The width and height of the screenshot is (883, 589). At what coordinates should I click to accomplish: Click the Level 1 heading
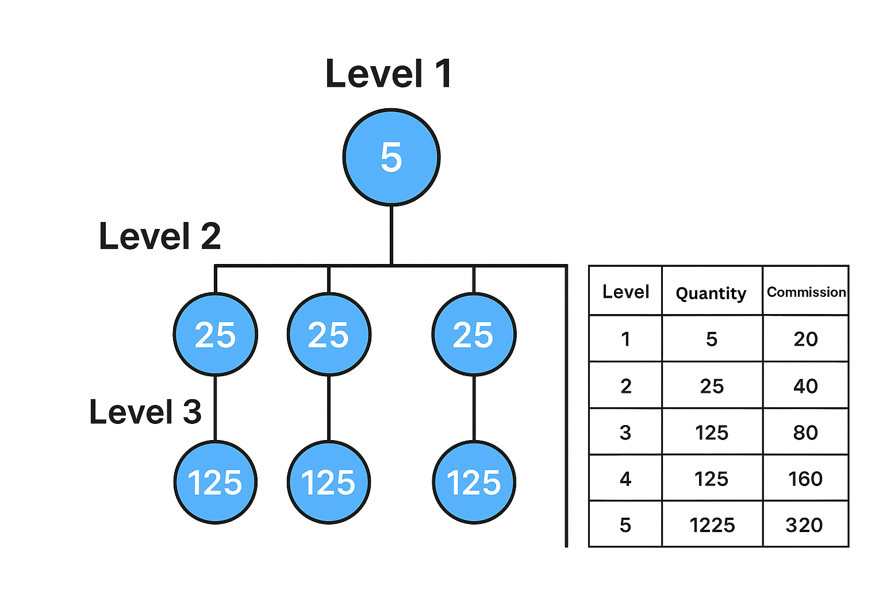pos(389,74)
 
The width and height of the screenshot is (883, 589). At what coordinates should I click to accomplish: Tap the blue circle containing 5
pos(391,157)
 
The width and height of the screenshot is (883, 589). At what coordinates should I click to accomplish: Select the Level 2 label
pos(160,236)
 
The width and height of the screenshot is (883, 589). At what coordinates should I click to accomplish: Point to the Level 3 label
pos(145,412)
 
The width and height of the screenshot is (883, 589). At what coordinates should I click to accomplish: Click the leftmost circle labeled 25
pos(216,334)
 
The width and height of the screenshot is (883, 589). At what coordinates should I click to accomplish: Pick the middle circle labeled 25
pos(329,334)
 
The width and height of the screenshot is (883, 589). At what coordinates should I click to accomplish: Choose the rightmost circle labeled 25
pos(474,334)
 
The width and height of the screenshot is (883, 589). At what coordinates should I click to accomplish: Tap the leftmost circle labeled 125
pos(216,482)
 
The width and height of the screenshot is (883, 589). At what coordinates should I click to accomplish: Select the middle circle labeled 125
pos(329,482)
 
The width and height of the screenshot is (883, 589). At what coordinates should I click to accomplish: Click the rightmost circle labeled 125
pos(474,482)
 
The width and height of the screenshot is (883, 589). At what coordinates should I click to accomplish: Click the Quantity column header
pos(711,293)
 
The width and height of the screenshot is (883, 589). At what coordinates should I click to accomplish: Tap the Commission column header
pos(806,292)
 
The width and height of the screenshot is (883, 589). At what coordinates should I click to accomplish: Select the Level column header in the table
pos(625,292)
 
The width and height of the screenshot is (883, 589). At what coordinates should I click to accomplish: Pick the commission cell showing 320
pos(804,525)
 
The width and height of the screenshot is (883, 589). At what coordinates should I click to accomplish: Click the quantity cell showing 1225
pos(712,525)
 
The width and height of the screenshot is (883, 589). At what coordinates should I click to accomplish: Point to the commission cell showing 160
pos(805,479)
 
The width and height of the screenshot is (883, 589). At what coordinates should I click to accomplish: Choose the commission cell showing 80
pos(805,432)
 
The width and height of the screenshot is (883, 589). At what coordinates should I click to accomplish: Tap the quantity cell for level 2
pos(712,386)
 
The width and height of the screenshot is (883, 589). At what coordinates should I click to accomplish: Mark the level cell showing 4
pos(625,479)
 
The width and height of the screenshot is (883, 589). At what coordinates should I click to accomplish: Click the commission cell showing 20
pos(805,339)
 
